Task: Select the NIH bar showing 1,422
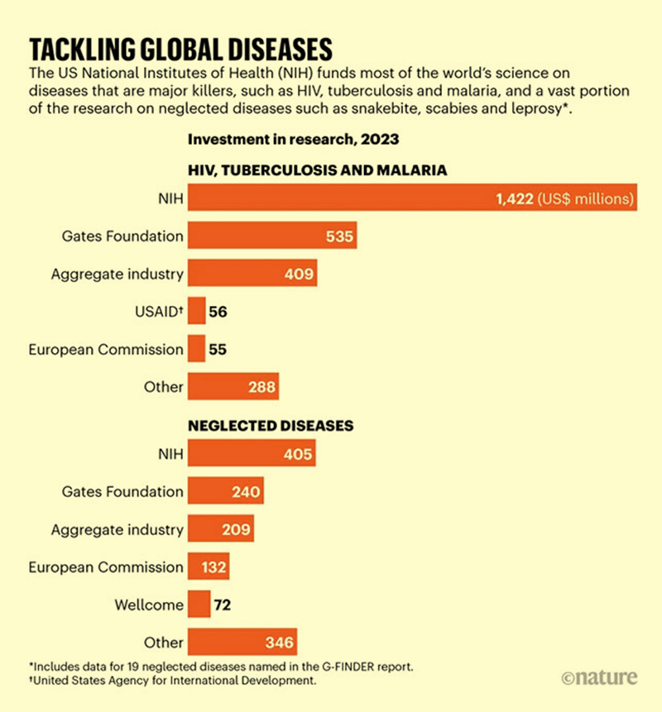tap(412, 198)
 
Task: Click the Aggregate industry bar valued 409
tap(252, 274)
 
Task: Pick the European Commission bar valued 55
tap(197, 349)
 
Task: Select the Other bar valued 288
tap(233, 386)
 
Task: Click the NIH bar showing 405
tap(252, 454)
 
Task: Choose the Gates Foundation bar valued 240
tap(226, 492)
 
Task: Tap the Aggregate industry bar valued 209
tap(221, 529)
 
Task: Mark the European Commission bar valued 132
tap(209, 567)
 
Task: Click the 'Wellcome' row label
tap(149, 605)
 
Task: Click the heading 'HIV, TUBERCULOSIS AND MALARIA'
tap(318, 170)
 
